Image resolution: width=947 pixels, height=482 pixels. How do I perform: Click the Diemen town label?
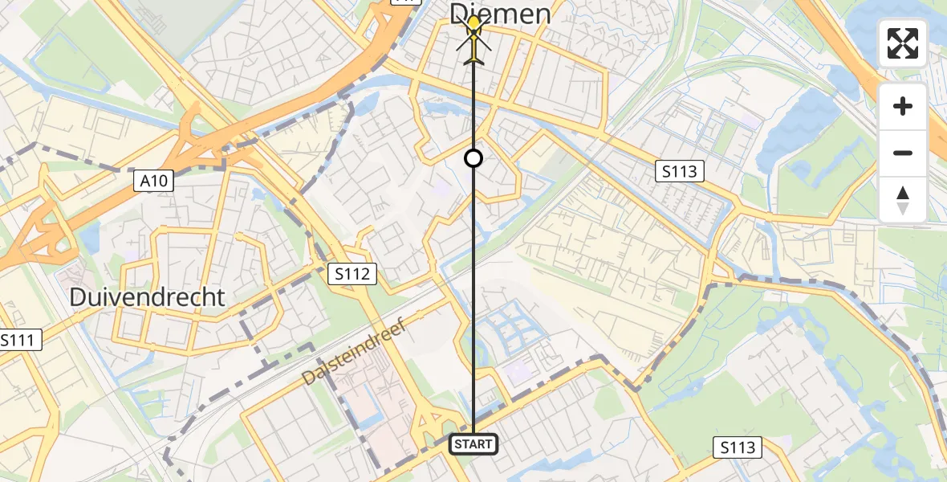[500, 13]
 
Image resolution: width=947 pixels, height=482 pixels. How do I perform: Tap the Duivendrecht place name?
[147, 297]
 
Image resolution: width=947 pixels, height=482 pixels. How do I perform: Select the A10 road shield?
[152, 181]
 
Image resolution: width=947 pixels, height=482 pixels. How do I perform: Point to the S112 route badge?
[352, 274]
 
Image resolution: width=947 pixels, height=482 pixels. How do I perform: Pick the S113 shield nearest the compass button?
[679, 170]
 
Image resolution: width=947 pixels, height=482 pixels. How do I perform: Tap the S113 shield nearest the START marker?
[737, 447]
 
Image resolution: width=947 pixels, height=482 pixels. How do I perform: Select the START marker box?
[473, 443]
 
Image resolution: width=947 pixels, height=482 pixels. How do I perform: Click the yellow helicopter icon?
[474, 40]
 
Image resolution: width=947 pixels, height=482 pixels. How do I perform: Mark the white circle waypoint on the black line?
[473, 158]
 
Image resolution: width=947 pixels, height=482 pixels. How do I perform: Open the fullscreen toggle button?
[903, 43]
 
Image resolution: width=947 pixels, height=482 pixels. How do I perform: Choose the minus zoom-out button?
[903, 153]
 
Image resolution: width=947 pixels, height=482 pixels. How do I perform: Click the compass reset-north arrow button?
[903, 199]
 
